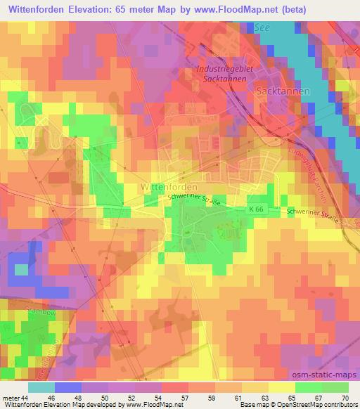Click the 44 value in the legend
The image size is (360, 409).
pos(26,398)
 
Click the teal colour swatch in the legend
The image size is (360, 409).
pos(41,387)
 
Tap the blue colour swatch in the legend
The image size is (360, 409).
pos(66,387)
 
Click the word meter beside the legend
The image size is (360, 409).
pos(11,398)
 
